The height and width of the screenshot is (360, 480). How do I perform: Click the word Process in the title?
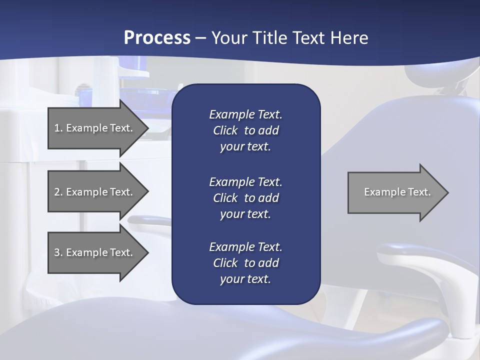157,38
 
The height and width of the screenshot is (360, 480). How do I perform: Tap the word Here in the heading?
348,38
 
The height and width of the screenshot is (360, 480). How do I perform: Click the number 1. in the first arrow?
58,128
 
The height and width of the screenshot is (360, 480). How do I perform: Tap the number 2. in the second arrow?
58,192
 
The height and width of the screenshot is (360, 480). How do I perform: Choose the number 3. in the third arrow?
58,252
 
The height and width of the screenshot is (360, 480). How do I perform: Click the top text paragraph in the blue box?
245,130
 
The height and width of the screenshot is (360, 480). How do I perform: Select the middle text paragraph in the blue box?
245,198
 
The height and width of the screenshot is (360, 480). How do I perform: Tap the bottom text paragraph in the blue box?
245,263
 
